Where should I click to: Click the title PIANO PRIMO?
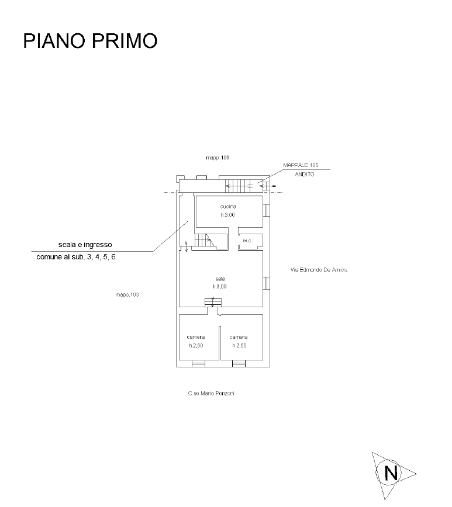click(91, 41)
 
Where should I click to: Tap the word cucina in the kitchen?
click(228, 207)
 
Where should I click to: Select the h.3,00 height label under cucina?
click(228, 215)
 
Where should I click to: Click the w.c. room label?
click(247, 241)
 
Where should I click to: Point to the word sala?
click(220, 279)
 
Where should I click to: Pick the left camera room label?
click(196, 337)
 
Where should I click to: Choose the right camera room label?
click(239, 337)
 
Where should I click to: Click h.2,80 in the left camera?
click(196, 346)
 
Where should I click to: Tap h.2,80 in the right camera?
click(239, 346)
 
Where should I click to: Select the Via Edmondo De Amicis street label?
click(319, 270)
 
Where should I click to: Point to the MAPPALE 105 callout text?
click(301, 166)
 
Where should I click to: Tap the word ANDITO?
click(304, 175)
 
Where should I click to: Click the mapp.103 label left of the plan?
click(126, 295)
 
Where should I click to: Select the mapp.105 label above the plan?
click(218, 158)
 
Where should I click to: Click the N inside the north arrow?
click(391, 471)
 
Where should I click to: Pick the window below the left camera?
click(199, 364)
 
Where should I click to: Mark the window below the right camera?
click(239, 364)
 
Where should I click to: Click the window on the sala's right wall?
click(267, 283)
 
